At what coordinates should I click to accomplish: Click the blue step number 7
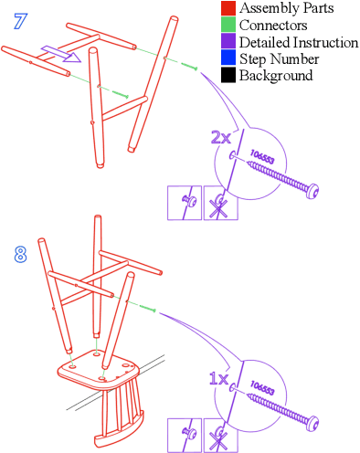pos(21,21)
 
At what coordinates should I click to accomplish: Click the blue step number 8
pos(20,255)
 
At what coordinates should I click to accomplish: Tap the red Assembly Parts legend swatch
pos(228,8)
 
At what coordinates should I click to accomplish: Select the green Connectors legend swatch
pos(228,25)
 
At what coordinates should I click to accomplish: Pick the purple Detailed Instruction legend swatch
pos(228,41)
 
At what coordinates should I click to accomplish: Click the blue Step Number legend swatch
pos(228,58)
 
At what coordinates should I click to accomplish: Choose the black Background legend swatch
pos(228,75)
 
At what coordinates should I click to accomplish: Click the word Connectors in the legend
pos(273,25)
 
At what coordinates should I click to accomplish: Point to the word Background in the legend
pos(276,76)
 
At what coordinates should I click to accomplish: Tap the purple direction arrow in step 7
pos(61,54)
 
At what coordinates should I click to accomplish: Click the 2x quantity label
pos(221,138)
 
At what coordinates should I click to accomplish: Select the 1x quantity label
pos(219,378)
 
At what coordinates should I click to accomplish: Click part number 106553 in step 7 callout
pos(262,156)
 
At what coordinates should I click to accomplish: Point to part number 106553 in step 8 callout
pos(262,387)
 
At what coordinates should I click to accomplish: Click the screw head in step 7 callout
pos(312,192)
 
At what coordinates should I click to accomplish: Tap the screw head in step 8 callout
pos(312,423)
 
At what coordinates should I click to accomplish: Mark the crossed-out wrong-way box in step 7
pos(221,203)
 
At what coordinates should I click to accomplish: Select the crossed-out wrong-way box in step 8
pos(221,436)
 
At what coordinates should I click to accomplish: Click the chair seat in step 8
pos(99,369)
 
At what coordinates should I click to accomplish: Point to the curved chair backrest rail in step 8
pos(120,432)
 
